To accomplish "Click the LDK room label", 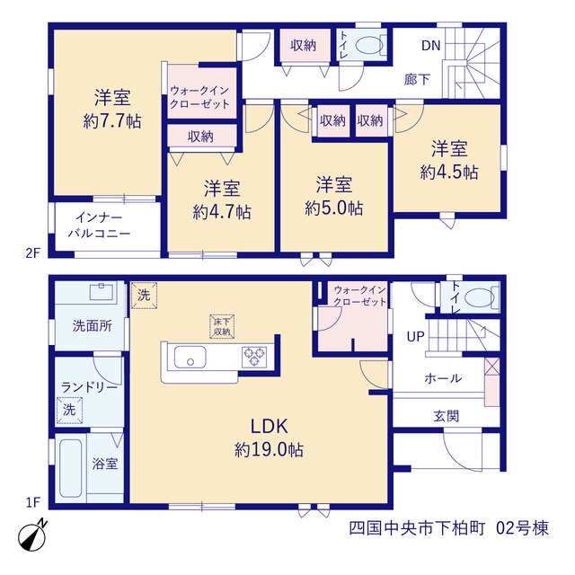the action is (270, 426).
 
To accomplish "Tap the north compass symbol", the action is (32, 535).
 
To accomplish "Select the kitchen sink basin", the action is (190, 358).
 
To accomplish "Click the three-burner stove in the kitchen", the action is (254, 357).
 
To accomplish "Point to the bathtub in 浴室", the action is (71, 468).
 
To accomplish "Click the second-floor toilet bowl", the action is (369, 46).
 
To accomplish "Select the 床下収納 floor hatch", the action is (222, 326).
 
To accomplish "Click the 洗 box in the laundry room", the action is (69, 411).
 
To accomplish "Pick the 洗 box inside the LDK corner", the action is (144, 296).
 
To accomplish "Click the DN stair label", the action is (430, 46).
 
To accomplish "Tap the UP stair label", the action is (415, 336).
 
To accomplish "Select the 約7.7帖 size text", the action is (112, 121).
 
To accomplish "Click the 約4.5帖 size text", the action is (449, 172).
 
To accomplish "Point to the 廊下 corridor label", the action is (417, 79).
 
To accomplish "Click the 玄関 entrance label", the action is (447, 416).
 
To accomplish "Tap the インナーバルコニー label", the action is (100, 226).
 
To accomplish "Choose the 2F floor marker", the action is (32, 252).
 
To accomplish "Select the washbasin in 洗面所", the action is (102, 291).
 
